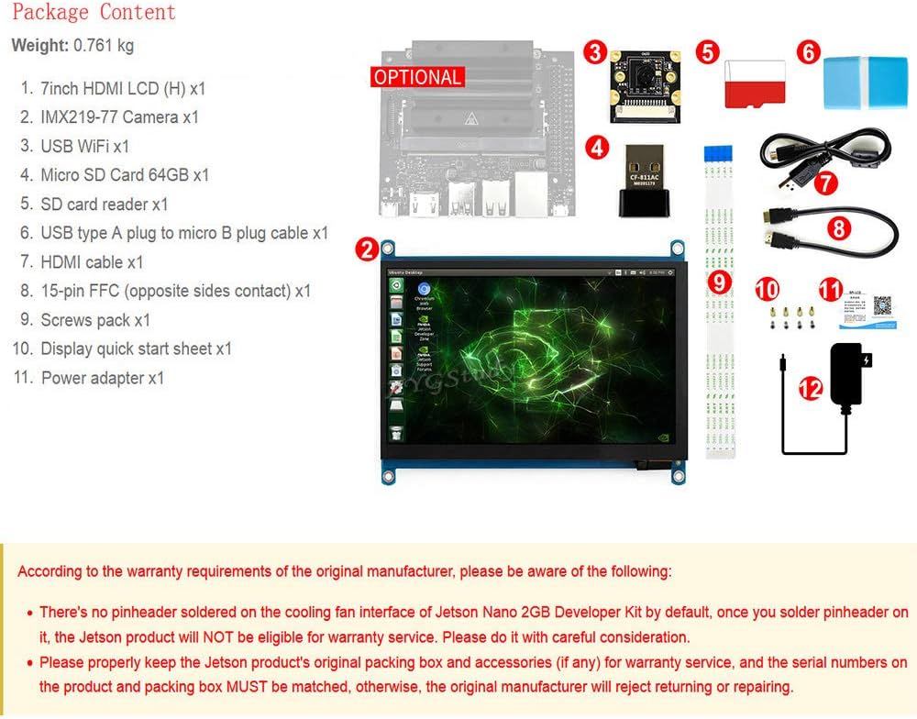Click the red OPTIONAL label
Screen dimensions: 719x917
[x=417, y=77]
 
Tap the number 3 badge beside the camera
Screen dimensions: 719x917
[x=596, y=52]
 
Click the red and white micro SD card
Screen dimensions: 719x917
[x=755, y=84]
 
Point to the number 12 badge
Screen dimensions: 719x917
[x=810, y=389]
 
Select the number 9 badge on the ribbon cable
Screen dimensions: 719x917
[x=720, y=282]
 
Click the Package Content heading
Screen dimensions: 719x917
[x=94, y=12]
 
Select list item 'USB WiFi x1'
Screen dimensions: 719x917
[x=84, y=146]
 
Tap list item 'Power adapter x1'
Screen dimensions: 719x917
[x=103, y=378]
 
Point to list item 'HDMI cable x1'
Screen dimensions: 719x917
[x=92, y=262]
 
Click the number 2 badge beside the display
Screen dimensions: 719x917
[x=366, y=248]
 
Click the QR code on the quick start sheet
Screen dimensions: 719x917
[x=882, y=305]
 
